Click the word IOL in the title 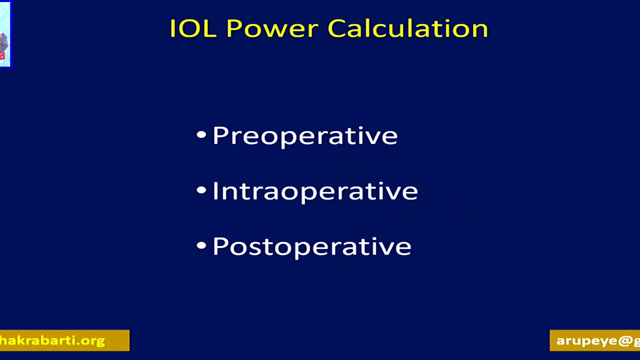(x=192, y=28)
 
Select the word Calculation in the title (x=408, y=28)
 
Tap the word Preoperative (x=305, y=136)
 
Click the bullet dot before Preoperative (x=201, y=134)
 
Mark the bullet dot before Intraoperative (x=201, y=190)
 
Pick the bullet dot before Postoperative (x=201, y=245)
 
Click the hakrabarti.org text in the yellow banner (x=52, y=340)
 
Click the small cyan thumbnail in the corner (x=4, y=34)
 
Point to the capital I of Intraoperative (x=215, y=191)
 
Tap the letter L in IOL (x=210, y=28)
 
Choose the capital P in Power (x=233, y=28)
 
